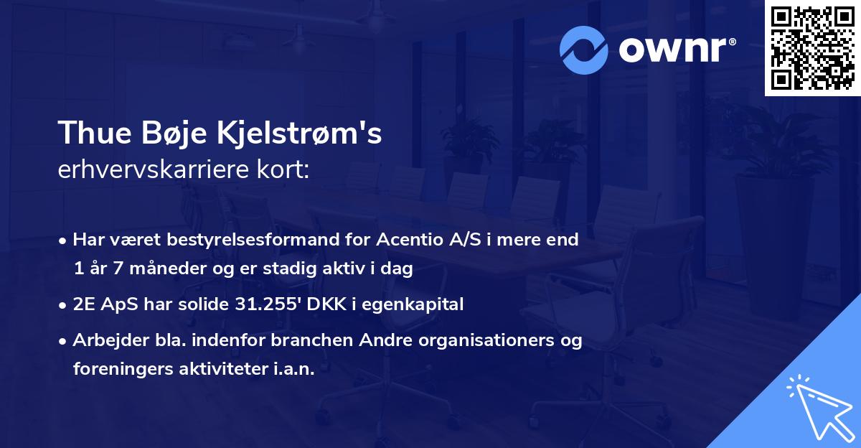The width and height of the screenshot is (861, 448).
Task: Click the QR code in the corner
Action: point(812,48)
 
